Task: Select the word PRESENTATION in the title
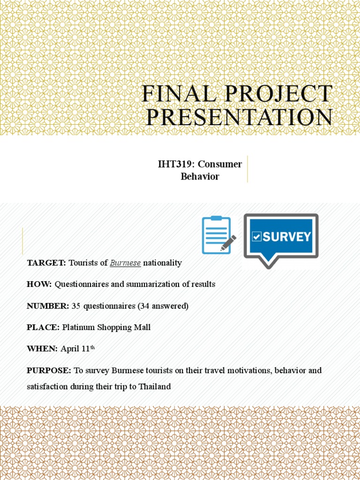tap(239, 117)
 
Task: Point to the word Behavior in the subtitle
tap(200, 177)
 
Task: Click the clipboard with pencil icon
tap(218, 235)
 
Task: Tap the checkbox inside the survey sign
tap(256, 237)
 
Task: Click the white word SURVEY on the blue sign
tap(286, 237)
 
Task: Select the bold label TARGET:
tap(46, 263)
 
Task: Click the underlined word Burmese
tap(125, 263)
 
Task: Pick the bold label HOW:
tap(39, 285)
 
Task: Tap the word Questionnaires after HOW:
tap(83, 285)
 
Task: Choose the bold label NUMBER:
tap(48, 306)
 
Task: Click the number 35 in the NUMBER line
tap(76, 306)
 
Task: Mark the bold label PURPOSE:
tap(49, 370)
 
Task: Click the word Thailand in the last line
tap(154, 387)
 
